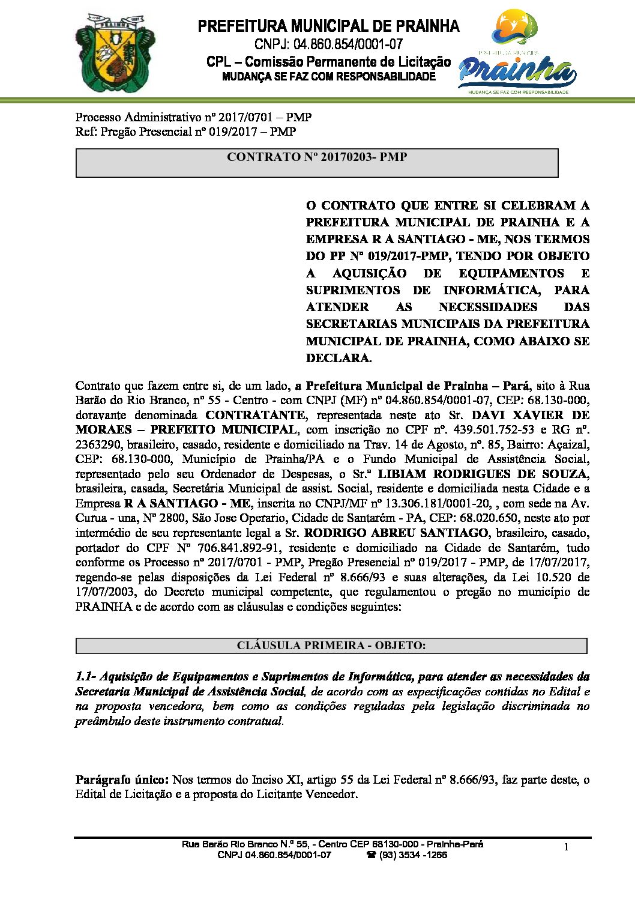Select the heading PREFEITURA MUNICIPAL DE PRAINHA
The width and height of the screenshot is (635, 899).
pos(328,26)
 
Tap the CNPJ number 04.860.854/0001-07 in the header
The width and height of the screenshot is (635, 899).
pos(348,44)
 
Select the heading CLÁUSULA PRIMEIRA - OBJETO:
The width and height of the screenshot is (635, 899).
pos(331,646)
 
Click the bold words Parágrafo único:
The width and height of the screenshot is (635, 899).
pos(122,780)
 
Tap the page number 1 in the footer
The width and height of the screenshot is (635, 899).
pos(566,847)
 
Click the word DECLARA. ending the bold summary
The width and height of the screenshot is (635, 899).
pos(339,358)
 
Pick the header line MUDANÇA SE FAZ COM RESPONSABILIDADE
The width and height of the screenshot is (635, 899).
pos(328,77)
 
